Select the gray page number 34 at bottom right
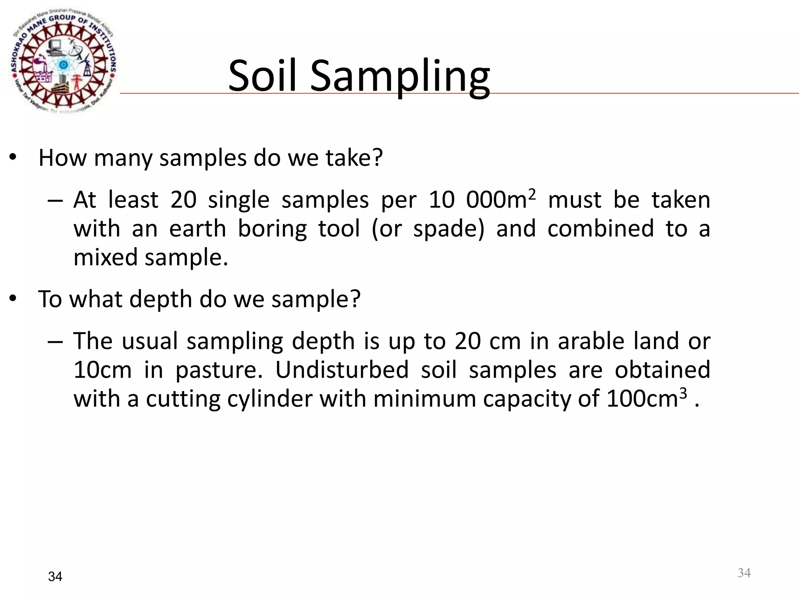[744, 573]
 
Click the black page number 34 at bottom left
[55, 577]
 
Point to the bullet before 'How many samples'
[13, 158]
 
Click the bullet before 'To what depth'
[13, 299]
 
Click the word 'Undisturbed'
[342, 370]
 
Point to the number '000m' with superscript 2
[499, 200]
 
